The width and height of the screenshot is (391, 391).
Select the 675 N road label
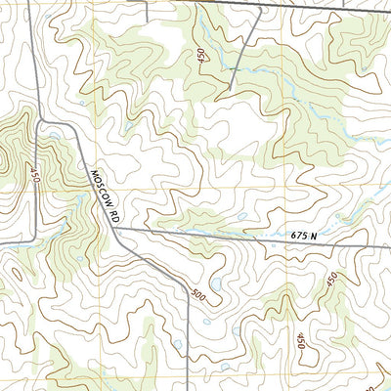click(305, 235)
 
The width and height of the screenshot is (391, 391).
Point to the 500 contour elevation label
click(199, 294)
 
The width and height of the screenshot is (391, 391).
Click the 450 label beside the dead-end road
click(202, 58)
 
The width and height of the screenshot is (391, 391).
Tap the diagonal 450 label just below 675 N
click(332, 282)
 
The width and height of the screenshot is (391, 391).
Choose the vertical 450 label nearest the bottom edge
click(299, 340)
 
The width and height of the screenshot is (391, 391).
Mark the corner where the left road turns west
click(34, 238)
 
